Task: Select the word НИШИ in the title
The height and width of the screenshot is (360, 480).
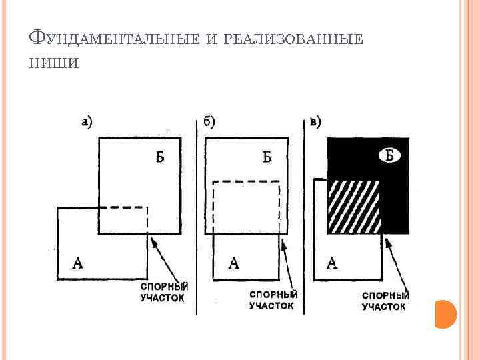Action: coord(55,63)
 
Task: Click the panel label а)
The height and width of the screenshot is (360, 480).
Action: coord(86,122)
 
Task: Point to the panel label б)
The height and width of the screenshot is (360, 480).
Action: coord(209,122)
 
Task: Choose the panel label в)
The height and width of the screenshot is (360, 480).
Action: coord(315,122)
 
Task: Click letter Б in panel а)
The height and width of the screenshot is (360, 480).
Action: coord(160,157)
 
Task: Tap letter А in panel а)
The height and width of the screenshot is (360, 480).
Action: coord(77,262)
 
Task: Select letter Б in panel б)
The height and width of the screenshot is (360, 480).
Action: coord(267,157)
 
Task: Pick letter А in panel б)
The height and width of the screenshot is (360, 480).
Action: coord(233,262)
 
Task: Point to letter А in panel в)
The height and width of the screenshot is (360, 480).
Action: coord(332,262)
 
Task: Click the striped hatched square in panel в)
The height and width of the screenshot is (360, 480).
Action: coord(353,206)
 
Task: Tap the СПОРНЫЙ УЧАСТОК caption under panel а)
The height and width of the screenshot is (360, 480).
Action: coord(164,292)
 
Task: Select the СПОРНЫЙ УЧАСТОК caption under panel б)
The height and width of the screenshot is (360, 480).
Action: coord(273,299)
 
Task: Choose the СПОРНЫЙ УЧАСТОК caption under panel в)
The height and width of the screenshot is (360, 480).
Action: coord(385,301)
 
